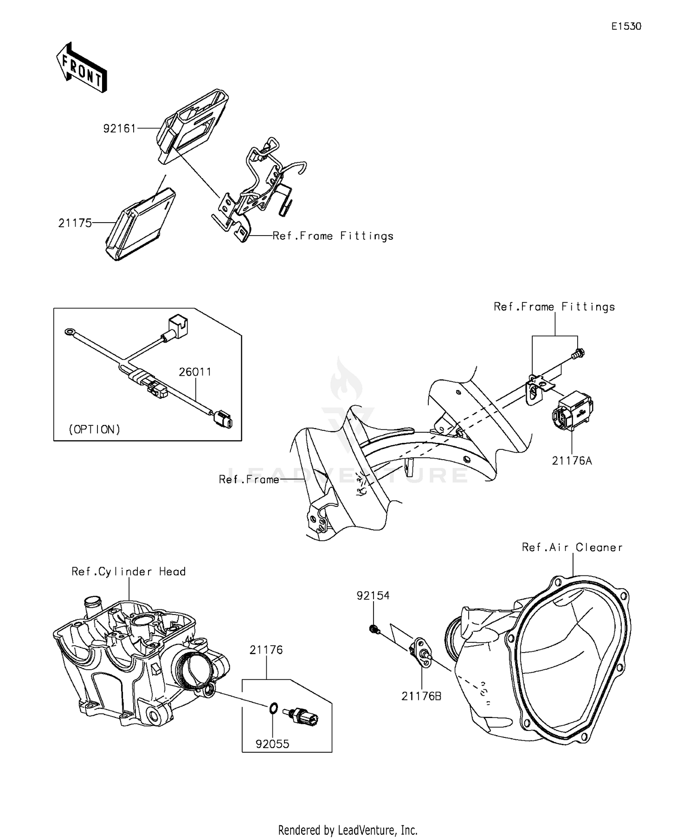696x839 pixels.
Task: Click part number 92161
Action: (x=119, y=128)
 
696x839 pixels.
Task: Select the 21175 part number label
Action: (x=75, y=223)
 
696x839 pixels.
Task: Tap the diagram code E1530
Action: (x=626, y=26)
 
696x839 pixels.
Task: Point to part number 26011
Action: (x=195, y=372)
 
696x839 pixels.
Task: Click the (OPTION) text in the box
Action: (x=94, y=429)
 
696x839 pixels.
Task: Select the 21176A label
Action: (x=572, y=461)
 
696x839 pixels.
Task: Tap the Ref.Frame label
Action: (x=249, y=480)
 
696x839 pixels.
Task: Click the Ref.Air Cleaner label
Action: (x=572, y=547)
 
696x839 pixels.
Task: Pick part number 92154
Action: (x=373, y=596)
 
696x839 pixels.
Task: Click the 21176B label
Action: (x=421, y=696)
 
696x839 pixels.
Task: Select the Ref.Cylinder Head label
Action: (x=129, y=571)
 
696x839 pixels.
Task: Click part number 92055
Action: (x=272, y=744)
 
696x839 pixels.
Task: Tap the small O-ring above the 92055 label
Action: (x=273, y=708)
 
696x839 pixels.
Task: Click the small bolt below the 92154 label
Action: (x=374, y=629)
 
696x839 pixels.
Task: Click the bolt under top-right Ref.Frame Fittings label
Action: (x=579, y=353)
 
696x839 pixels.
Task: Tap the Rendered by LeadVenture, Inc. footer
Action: (x=348, y=829)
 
